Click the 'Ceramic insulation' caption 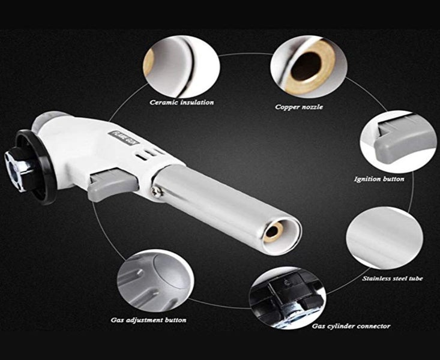[181, 103]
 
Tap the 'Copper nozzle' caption [298, 107]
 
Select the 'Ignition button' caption [379, 179]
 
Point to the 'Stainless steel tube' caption [393, 278]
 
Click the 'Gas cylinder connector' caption [351, 326]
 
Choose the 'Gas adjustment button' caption [148, 320]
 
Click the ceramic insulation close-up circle [181, 66]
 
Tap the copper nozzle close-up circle [309, 67]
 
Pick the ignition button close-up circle [398, 141]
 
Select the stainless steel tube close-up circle [385, 238]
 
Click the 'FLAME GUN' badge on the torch [124, 137]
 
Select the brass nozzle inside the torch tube [273, 232]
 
